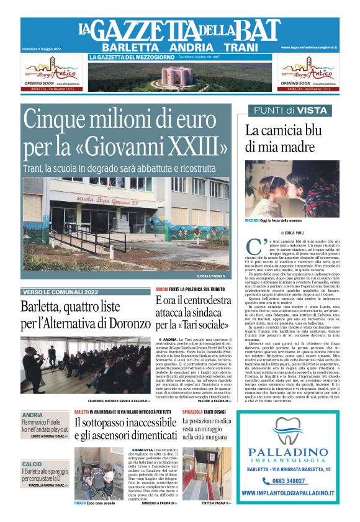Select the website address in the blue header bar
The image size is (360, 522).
[x=308, y=47]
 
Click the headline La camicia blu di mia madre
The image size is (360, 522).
[x=282, y=138]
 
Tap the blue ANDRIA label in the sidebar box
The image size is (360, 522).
[x=32, y=415]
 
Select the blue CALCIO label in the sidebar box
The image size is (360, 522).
[x=32, y=464]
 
